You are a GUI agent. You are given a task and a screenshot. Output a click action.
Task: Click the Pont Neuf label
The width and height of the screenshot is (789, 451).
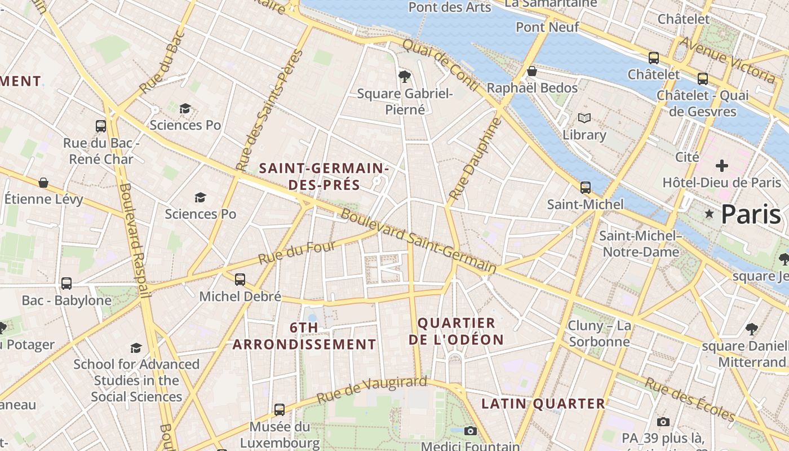pyautogui.click(x=547, y=27)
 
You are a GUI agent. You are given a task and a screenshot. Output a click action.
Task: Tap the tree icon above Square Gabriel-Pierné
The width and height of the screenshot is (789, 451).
pyautogui.click(x=404, y=76)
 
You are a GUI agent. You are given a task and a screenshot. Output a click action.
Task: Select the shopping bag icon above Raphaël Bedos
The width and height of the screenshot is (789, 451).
pyautogui.click(x=531, y=71)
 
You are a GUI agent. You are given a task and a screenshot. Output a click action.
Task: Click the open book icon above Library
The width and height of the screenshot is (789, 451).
pyautogui.click(x=584, y=118)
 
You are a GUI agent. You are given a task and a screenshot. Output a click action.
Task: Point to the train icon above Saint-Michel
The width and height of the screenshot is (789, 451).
pyautogui.click(x=586, y=187)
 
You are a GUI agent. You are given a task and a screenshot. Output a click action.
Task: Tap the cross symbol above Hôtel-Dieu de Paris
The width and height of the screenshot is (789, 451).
pyautogui.click(x=721, y=166)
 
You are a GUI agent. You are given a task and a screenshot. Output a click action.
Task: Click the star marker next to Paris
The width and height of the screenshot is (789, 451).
pyautogui.click(x=709, y=214)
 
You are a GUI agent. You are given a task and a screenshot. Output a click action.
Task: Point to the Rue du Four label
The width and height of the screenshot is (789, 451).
pyautogui.click(x=297, y=252)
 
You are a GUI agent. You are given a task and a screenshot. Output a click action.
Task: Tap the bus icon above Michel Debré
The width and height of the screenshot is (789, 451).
pyautogui.click(x=240, y=279)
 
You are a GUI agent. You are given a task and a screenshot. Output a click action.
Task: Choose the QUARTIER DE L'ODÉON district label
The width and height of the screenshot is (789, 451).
pyautogui.click(x=456, y=331)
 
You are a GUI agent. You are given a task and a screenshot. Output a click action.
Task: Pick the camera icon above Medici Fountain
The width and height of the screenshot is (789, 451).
pyautogui.click(x=471, y=431)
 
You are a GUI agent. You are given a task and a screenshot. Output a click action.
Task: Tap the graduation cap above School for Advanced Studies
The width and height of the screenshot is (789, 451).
pyautogui.click(x=136, y=348)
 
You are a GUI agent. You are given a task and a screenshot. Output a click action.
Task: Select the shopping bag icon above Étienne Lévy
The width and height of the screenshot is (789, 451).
pyautogui.click(x=43, y=183)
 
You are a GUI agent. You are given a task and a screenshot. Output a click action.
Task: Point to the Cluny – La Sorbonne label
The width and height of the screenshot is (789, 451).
pyautogui.click(x=600, y=334)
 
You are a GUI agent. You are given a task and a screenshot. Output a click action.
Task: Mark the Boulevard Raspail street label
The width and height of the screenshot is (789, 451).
pyautogui.click(x=135, y=240)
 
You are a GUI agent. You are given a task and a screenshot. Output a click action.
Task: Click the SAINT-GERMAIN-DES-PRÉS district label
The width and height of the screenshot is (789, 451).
pyautogui.click(x=324, y=176)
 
